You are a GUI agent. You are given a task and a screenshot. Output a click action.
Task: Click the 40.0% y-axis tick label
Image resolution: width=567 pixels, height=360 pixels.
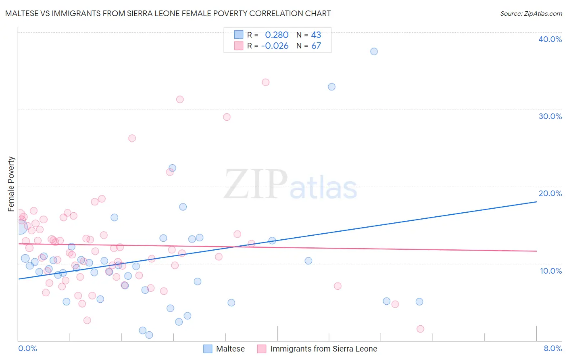point(550,39)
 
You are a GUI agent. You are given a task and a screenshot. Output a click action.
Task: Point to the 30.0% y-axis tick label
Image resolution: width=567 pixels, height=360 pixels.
point(550,116)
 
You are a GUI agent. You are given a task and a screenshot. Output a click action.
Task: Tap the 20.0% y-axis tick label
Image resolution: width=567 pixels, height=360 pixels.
point(550,193)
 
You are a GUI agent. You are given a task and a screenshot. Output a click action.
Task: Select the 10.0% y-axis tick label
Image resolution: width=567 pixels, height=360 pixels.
point(551,271)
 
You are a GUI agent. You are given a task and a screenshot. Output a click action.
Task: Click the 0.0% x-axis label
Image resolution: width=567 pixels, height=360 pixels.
point(27,349)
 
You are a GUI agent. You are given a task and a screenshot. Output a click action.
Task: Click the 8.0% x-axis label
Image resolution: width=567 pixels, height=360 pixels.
point(552,349)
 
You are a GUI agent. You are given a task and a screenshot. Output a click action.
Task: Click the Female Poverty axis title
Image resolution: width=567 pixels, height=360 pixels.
point(11,184)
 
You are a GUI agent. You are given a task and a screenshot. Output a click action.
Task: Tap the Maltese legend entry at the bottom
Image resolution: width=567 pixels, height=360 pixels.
point(230,349)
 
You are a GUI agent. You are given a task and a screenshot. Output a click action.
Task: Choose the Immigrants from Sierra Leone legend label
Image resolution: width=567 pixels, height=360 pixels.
point(323,349)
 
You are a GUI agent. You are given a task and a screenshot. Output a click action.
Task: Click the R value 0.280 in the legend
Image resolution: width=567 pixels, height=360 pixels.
point(277,35)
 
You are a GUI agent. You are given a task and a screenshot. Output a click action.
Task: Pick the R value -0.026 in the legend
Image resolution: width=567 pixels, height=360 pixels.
point(275,46)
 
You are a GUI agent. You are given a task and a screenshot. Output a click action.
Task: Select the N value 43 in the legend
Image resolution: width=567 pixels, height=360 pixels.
point(316,35)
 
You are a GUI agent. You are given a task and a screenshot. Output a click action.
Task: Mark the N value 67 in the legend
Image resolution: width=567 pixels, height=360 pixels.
point(316,46)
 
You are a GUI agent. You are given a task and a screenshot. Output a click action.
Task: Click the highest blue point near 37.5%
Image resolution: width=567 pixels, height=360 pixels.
point(374,51)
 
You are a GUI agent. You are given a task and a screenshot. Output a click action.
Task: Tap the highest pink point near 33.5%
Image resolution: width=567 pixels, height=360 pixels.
point(265,82)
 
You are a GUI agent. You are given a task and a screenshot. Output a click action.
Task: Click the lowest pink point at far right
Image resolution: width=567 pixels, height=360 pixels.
point(420,329)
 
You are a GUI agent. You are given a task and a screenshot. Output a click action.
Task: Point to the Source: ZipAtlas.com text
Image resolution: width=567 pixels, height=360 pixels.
point(531,14)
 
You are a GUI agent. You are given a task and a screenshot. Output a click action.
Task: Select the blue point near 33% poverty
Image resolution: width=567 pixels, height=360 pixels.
point(331,87)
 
